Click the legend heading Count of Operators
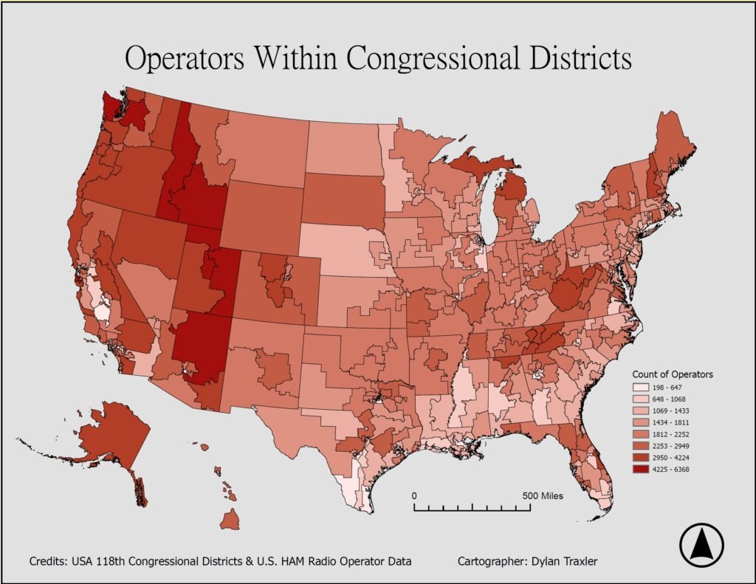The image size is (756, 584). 673,374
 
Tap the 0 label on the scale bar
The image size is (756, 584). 414,495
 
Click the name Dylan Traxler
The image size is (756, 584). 566,562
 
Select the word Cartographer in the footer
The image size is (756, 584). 492,562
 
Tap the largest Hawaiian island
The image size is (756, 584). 230,521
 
